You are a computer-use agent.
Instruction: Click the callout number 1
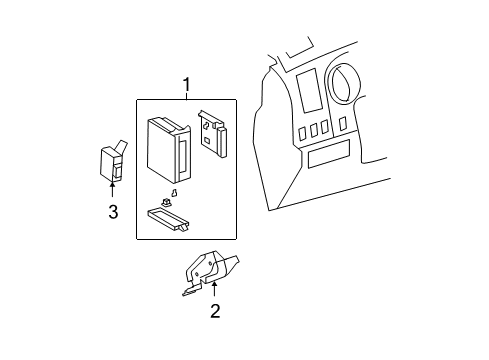pyautogui.click(x=186, y=84)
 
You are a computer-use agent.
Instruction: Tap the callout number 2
pyautogui.click(x=214, y=311)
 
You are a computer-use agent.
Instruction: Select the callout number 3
pyautogui.click(x=112, y=211)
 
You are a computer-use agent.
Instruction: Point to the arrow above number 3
pyautogui.click(x=112, y=190)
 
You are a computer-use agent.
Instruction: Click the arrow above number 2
pyautogui.click(x=214, y=291)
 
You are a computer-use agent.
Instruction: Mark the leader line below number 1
pyautogui.click(x=186, y=96)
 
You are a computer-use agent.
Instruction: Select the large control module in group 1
pyautogui.click(x=167, y=145)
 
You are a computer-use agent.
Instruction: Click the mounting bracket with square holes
pyautogui.click(x=212, y=133)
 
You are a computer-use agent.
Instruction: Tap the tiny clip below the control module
pyautogui.click(x=174, y=194)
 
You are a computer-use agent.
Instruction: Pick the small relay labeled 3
pyautogui.click(x=111, y=163)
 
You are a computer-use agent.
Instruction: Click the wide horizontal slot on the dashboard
pyautogui.click(x=329, y=157)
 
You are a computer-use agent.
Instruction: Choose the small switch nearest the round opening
pyautogui.click(x=343, y=123)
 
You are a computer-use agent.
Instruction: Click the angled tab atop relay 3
pyautogui.click(x=119, y=145)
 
